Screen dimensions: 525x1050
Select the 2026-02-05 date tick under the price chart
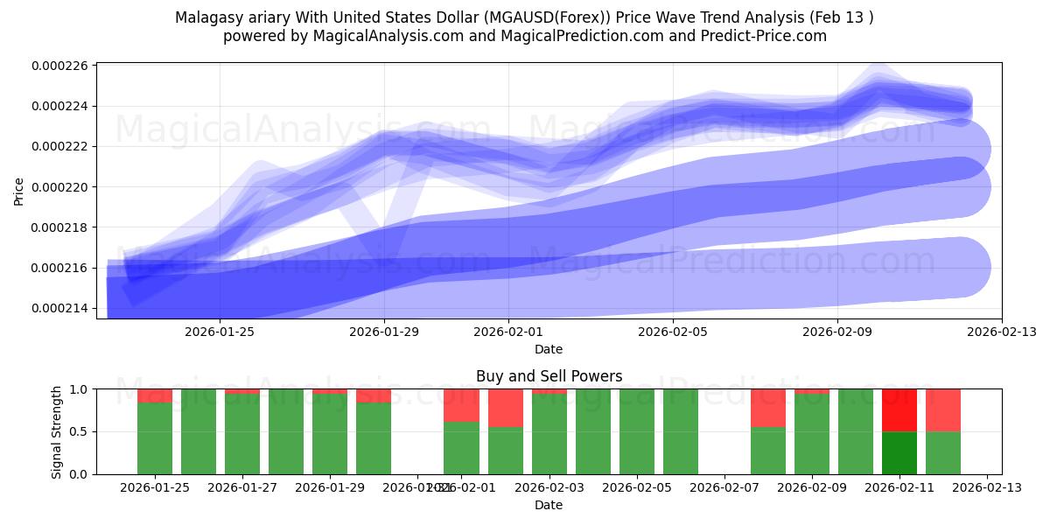[672, 332]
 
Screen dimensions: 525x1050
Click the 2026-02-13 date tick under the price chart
[1002, 332]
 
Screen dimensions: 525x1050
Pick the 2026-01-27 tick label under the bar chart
[242, 487]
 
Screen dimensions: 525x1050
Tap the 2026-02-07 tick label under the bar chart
[724, 487]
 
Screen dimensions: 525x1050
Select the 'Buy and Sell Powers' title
[549, 376]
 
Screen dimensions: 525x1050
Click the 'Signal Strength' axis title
[57, 431]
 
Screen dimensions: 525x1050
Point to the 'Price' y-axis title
[19, 191]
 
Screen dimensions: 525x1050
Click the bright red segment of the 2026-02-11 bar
[899, 410]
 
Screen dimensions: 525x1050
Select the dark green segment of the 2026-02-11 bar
[899, 452]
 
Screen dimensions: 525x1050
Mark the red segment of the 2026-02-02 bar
[505, 408]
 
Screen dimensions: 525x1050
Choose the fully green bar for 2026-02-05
[636, 431]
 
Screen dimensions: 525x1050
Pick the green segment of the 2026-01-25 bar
[155, 437]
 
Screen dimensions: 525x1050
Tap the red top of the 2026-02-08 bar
[767, 408]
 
